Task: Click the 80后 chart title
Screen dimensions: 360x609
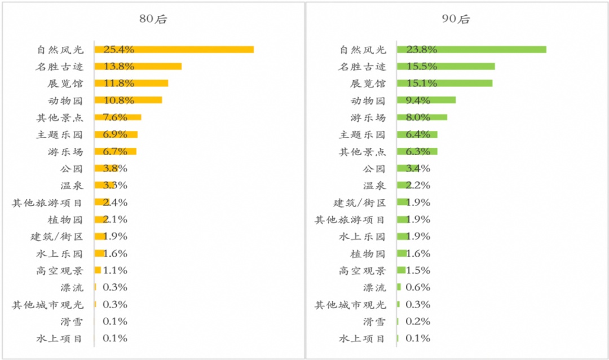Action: coord(153,19)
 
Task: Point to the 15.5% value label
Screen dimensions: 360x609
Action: coord(417,67)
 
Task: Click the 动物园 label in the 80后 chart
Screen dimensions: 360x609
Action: coord(66,100)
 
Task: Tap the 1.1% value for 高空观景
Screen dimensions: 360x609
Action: coord(115,270)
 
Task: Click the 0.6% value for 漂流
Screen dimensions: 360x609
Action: coord(418,287)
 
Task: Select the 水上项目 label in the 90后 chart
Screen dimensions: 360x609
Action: coord(362,339)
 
